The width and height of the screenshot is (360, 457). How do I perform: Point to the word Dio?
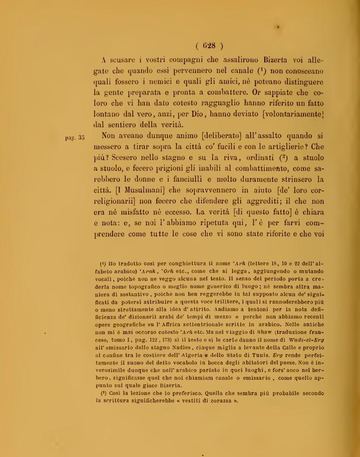pyautogui.click(x=196, y=113)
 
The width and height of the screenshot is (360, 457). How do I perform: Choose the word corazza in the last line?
pyautogui.click(x=225, y=401)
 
